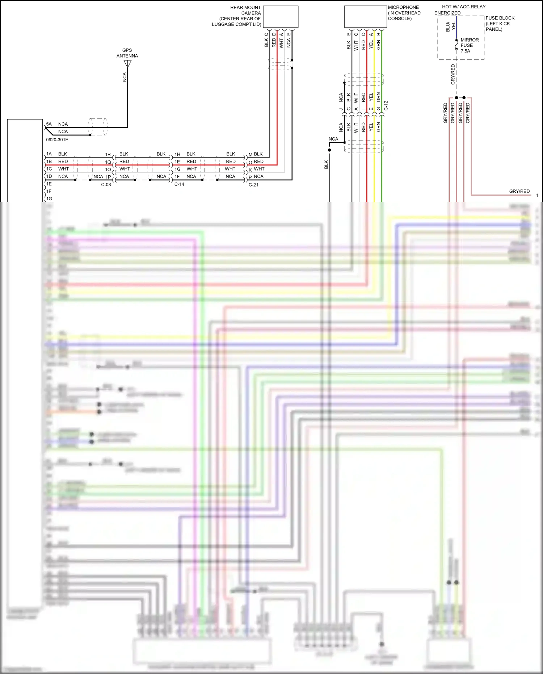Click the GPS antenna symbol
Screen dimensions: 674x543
127,64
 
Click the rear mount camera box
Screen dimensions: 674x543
281,17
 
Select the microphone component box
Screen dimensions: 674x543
365,17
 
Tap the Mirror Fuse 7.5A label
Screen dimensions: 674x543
469,45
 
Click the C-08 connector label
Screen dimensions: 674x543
106,185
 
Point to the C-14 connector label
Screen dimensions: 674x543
179,184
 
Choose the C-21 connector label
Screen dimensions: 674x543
253,185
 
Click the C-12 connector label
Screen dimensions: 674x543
386,106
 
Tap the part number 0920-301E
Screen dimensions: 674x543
57,140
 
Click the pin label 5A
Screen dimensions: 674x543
49,124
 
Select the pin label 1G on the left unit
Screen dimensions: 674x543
49,199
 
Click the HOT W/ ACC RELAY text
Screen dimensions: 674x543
463,7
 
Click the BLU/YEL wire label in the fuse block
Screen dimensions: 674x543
450,26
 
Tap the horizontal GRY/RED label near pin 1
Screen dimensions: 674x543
519,191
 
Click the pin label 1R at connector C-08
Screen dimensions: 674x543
108,155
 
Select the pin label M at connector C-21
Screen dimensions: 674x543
251,155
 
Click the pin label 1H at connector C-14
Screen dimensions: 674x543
177,154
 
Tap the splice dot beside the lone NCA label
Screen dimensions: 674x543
329,150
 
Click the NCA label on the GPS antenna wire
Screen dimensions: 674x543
125,77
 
